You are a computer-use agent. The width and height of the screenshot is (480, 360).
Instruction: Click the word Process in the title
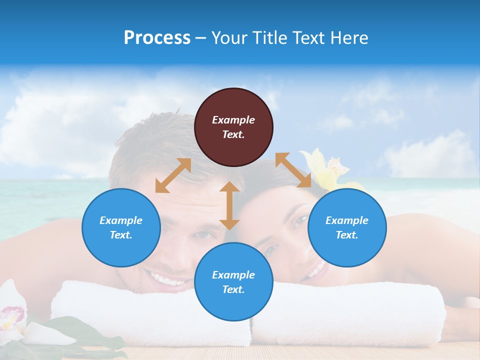[157, 38]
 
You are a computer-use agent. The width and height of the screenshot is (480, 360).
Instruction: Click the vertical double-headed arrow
[229, 205]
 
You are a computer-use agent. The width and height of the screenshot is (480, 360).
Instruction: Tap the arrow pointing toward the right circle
[293, 170]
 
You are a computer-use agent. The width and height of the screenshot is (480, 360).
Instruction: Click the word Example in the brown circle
[233, 120]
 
